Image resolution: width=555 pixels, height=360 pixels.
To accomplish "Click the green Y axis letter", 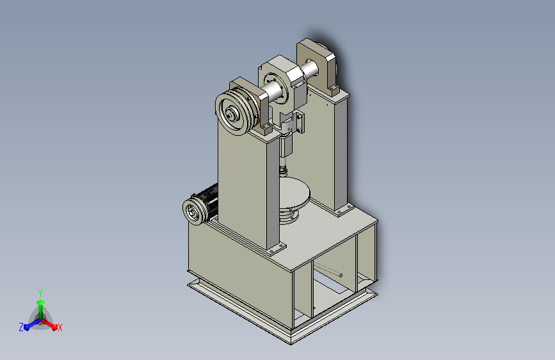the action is point(40,293).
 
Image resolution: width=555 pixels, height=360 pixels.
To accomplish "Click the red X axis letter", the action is point(60,328).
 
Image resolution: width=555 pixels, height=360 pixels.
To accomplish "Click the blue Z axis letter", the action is point(21,327).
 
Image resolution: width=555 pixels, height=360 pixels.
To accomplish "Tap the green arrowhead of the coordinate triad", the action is point(41,303).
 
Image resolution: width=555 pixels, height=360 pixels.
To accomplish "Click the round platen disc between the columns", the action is point(294,193).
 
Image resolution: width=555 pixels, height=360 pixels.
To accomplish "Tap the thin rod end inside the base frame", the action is point(341,275).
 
